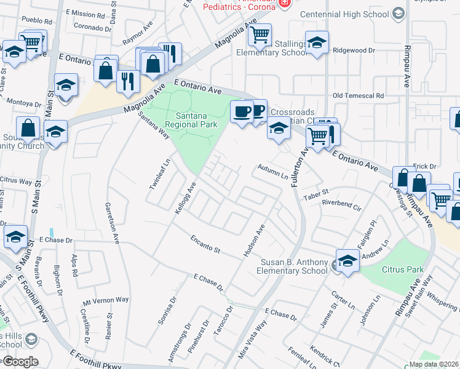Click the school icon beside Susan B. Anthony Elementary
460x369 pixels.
[x=347, y=261]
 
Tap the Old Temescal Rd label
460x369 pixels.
[x=358, y=96]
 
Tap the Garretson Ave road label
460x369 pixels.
[x=111, y=223]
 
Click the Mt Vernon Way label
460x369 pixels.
[x=106, y=301]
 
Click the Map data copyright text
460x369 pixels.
[x=434, y=364]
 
